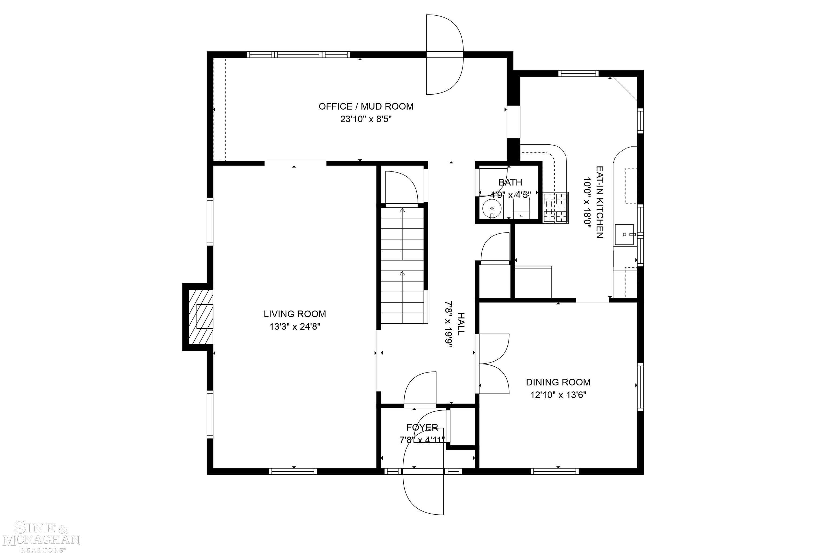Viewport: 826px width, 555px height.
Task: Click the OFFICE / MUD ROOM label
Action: (x=366, y=106)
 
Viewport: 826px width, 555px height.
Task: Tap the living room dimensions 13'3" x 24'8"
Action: (x=295, y=326)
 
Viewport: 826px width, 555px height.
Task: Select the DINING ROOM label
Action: (x=558, y=382)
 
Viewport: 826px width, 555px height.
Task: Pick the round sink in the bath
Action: (x=492, y=209)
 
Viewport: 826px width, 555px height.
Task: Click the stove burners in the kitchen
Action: (x=556, y=208)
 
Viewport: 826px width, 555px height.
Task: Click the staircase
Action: (x=402, y=266)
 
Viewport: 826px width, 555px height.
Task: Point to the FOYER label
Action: (x=422, y=427)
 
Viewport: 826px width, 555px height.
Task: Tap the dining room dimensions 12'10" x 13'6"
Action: (x=558, y=395)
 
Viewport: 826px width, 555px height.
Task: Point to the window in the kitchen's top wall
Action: (x=578, y=74)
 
